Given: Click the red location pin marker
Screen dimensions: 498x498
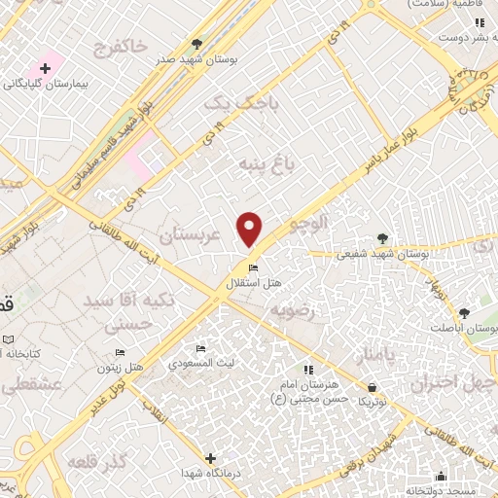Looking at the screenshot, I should (x=250, y=228).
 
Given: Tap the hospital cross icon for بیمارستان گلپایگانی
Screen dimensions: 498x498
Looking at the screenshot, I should (x=45, y=68).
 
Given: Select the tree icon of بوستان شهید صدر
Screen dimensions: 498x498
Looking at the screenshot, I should (x=197, y=44).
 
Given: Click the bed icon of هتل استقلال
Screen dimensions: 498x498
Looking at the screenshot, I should (x=253, y=268).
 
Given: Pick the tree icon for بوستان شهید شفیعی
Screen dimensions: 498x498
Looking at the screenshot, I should (x=381, y=238).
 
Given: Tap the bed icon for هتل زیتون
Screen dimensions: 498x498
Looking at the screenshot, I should (x=120, y=352).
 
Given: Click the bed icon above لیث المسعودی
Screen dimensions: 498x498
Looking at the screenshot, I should (x=200, y=349).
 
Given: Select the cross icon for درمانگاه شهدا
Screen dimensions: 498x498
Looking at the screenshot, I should (x=210, y=457).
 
